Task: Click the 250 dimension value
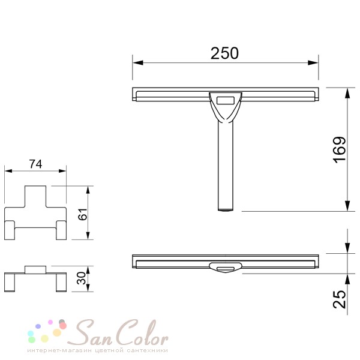point(224,53)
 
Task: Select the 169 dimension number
point(340,149)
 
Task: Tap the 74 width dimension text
point(35,164)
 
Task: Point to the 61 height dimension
point(83,214)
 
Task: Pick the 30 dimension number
point(81,278)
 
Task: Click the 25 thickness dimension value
point(340,299)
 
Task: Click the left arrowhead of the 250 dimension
point(138,62)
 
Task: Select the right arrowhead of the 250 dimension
point(313,62)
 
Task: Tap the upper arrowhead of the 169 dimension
point(347,94)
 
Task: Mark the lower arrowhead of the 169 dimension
point(347,206)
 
